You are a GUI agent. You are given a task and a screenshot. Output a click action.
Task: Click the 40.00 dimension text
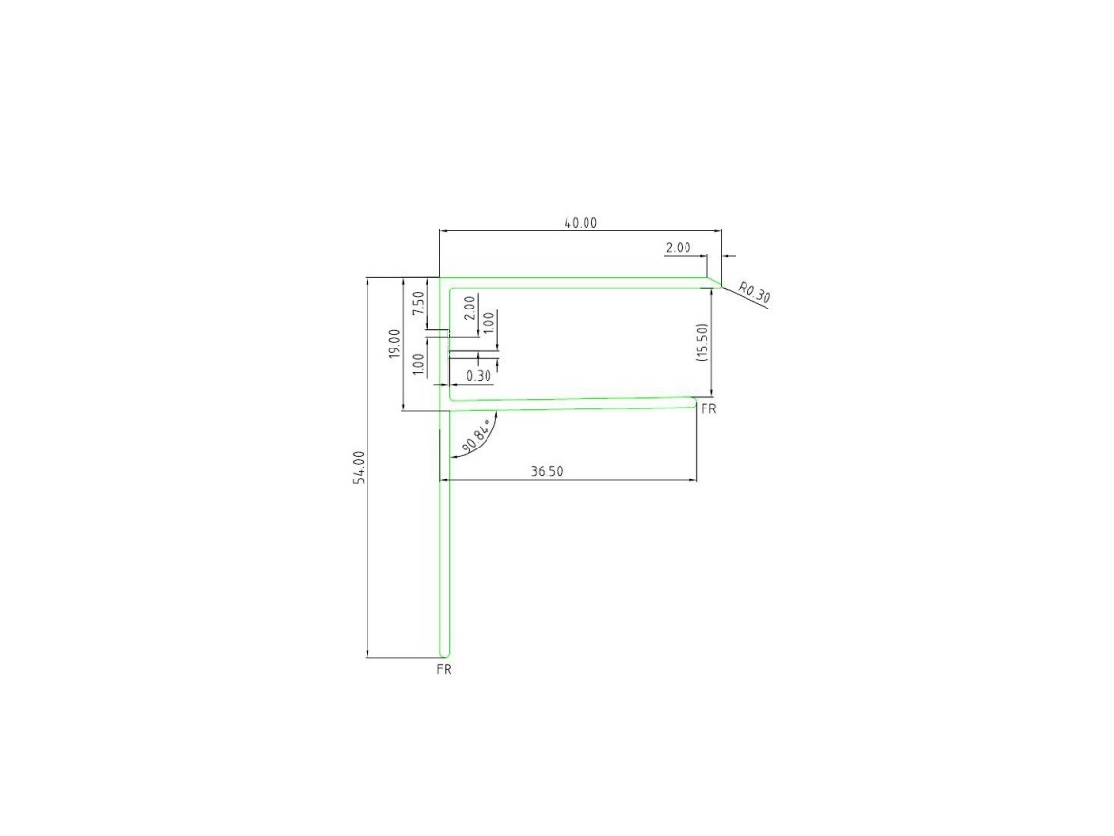580,223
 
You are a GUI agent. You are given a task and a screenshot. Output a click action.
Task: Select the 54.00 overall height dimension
359,468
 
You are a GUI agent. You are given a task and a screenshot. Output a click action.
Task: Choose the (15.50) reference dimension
702,342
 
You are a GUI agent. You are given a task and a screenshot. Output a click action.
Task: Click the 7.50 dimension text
418,304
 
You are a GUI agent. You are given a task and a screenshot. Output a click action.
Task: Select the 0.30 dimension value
479,376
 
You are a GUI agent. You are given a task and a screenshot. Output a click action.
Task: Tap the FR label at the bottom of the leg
444,669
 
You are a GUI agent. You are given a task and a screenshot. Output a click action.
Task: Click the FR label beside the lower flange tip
707,409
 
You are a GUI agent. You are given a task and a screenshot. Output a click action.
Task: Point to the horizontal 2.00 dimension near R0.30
678,248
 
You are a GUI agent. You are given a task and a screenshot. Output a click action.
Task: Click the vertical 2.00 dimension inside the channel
468,309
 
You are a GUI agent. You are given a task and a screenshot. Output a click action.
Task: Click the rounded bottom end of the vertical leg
443,655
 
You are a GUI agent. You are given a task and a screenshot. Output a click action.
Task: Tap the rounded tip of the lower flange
694,403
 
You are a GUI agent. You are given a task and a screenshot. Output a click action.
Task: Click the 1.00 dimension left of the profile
418,364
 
